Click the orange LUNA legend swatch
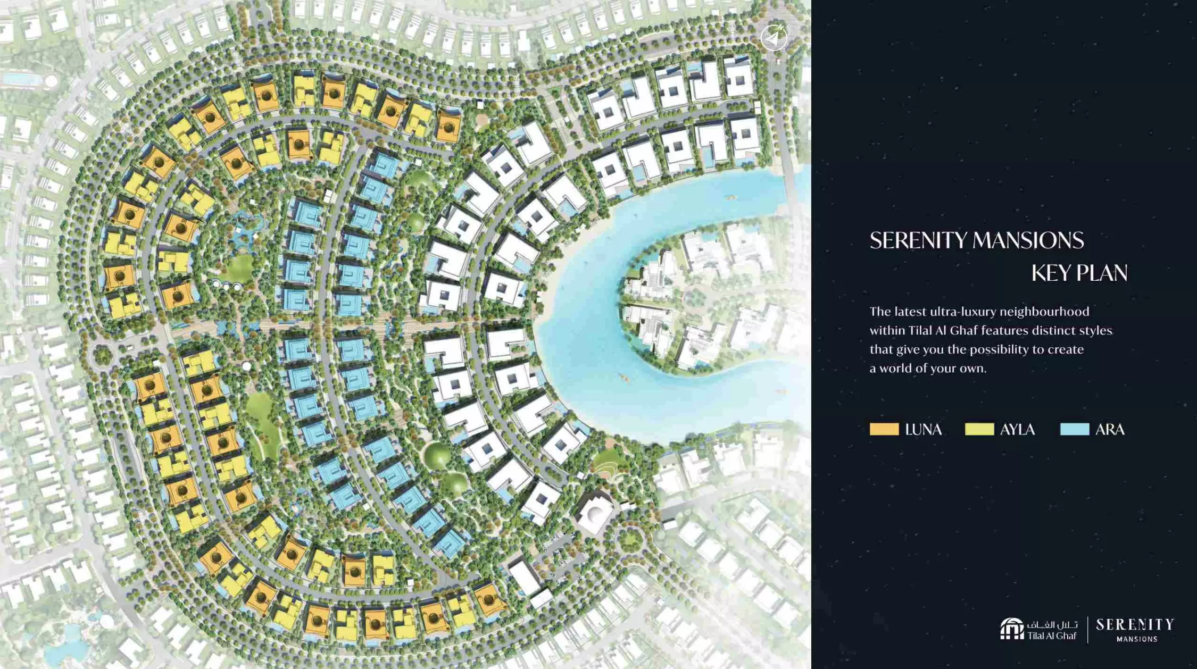(884, 429)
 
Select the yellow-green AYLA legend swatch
(979, 429)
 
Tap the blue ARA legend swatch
(1074, 429)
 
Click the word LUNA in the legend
(923, 430)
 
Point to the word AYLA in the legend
(1017, 430)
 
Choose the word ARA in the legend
(1110, 430)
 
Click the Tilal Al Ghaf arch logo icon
(1011, 629)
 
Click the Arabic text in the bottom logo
(1052, 624)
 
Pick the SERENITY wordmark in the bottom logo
(1135, 624)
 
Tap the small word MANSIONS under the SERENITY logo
(1137, 639)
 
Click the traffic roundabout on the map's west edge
(102, 355)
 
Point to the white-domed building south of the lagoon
(594, 512)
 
